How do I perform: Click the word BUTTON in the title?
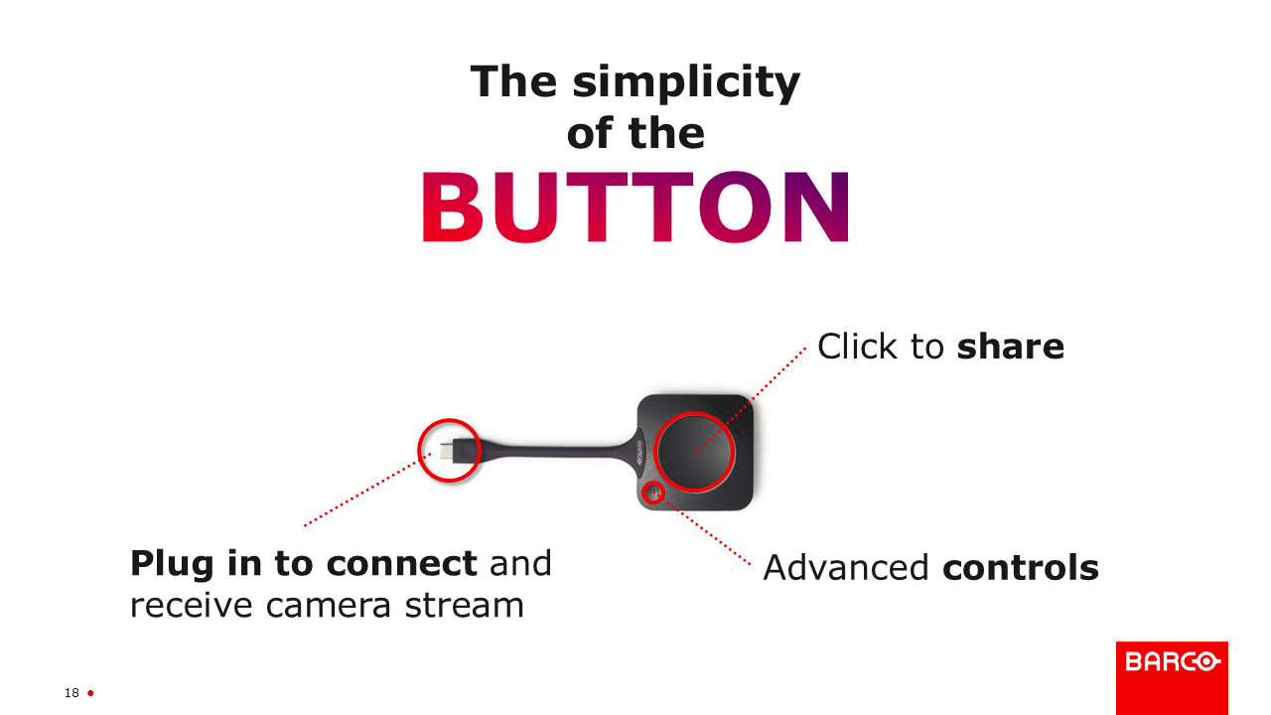(x=635, y=207)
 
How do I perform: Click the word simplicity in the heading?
(x=686, y=83)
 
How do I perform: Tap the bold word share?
(x=1010, y=347)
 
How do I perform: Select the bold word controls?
(x=1021, y=567)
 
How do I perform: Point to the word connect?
(x=402, y=563)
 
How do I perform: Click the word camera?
(x=329, y=606)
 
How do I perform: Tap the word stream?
(x=464, y=605)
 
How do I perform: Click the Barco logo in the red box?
(x=1172, y=661)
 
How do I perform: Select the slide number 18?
(x=71, y=693)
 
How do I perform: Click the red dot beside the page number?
(x=90, y=693)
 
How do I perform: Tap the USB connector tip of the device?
(x=446, y=451)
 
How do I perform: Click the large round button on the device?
(x=694, y=452)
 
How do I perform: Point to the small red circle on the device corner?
(x=654, y=483)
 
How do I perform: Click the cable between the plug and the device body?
(x=556, y=451)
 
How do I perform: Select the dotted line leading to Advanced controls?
(x=705, y=529)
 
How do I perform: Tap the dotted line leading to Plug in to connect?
(x=367, y=490)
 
